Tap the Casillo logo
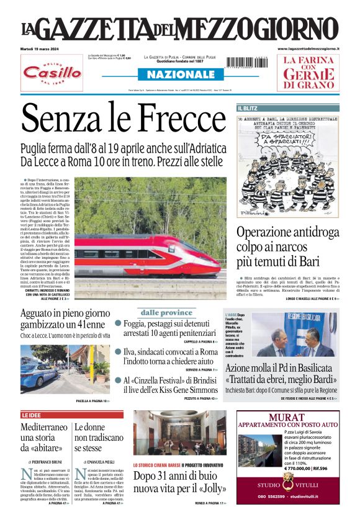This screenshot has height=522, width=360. [x=52, y=72]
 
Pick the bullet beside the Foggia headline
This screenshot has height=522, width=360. [x=118, y=323]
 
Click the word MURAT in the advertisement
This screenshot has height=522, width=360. [x=288, y=416]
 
